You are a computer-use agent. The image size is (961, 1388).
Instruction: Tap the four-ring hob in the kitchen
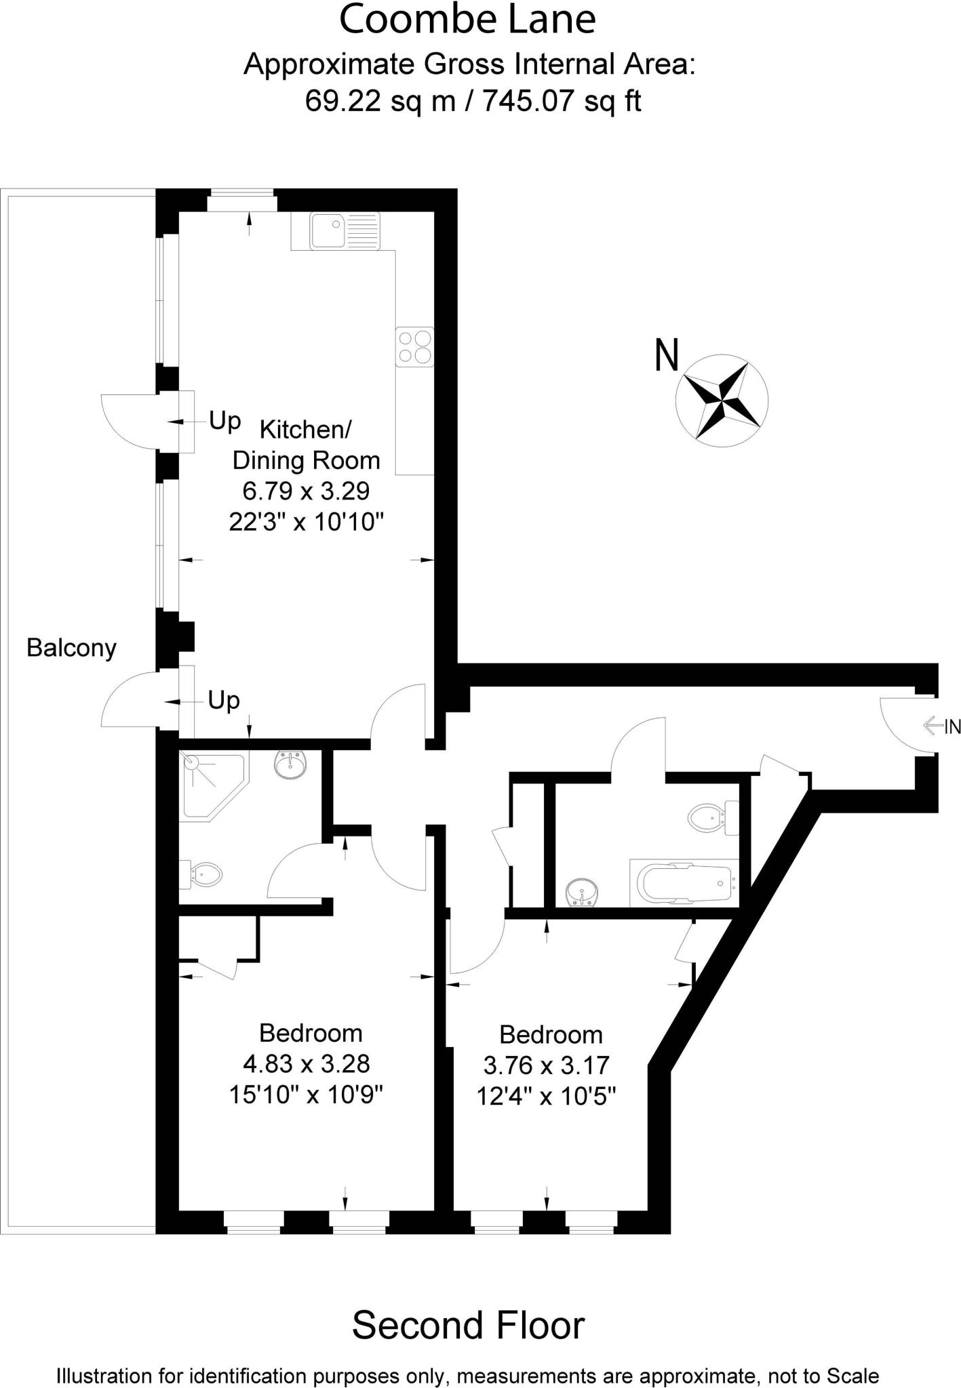415,347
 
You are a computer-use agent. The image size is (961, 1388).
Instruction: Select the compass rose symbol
722,400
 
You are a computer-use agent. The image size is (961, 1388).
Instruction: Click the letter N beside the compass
667,355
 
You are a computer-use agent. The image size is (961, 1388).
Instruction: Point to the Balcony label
71,649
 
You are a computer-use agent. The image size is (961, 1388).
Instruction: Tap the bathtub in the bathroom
684,884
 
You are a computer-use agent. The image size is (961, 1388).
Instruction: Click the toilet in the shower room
203,874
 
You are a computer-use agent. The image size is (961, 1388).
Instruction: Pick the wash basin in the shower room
293,766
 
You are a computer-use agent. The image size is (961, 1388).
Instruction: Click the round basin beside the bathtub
583,892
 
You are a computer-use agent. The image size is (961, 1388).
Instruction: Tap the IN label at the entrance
952,727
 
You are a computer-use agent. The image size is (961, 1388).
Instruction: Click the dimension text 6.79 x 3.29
306,491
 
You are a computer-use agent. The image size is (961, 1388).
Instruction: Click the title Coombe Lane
467,20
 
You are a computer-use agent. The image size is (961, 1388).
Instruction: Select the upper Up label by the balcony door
224,421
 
